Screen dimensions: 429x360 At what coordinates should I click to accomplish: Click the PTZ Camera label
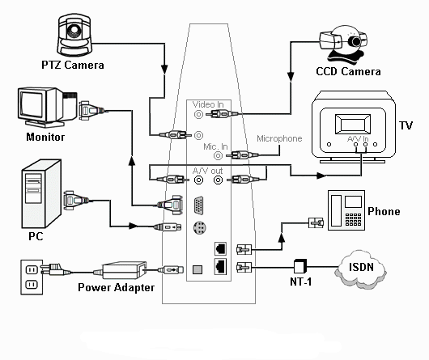point(73,65)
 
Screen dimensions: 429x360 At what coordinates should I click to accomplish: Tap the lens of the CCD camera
point(355,41)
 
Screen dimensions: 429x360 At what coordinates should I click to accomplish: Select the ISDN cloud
point(360,268)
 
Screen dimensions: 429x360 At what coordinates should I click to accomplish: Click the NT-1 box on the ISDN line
point(299,266)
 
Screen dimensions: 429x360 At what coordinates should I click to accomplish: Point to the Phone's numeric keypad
point(353,219)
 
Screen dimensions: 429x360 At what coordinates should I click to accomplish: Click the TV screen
point(353,125)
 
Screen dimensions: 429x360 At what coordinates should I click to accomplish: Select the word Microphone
point(279,138)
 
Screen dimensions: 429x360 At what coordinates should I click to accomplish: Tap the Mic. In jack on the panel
point(218,156)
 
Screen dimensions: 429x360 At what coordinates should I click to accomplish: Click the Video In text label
point(208,104)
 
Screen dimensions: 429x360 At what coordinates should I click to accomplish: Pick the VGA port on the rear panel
point(198,205)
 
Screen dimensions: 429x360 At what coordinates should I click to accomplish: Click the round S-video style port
point(199,227)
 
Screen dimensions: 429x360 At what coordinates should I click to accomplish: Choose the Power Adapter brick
point(124,270)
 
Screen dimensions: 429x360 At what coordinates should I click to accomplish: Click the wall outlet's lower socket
point(31,285)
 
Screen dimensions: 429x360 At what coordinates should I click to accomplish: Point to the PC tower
point(41,193)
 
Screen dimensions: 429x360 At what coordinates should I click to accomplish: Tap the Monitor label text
point(45,137)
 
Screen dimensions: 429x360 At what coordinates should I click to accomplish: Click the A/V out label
point(207,171)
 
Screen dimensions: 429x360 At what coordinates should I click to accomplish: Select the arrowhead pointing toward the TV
point(321,176)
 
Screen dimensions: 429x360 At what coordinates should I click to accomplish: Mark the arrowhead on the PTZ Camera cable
point(164,70)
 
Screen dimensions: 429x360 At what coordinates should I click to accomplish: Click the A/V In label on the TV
point(358,139)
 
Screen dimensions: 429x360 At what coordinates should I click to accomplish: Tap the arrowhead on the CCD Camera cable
point(291,77)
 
